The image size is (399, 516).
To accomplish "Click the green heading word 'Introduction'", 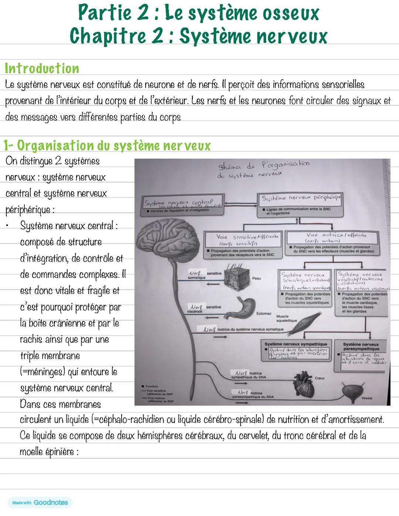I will point(42,69).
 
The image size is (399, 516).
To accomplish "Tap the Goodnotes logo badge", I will point(40,502).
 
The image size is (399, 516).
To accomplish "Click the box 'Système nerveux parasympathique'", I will point(361,354).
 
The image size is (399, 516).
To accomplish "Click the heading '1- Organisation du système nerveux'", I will point(107,145).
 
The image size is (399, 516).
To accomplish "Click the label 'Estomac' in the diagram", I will point(263,314).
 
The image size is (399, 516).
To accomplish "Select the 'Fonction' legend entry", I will point(151,386).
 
